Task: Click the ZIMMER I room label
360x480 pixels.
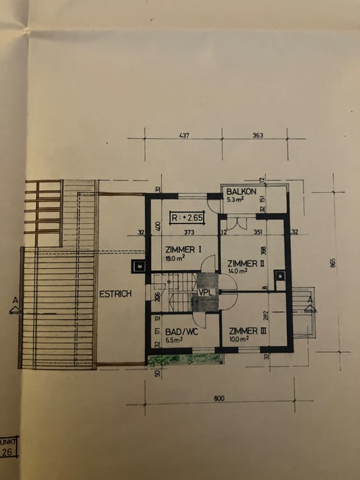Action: point(184,250)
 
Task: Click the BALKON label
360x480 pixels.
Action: point(241,191)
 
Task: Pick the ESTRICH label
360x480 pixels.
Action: point(115,294)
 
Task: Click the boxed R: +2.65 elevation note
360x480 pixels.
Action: point(187,218)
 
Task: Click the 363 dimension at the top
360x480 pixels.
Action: point(258,136)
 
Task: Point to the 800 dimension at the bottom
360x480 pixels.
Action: point(219,399)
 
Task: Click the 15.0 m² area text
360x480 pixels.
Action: point(174,258)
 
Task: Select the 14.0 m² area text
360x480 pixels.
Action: point(237,271)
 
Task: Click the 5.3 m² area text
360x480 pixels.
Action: point(234,200)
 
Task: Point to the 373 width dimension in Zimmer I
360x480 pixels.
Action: point(188,232)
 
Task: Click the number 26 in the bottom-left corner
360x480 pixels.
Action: point(8,452)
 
